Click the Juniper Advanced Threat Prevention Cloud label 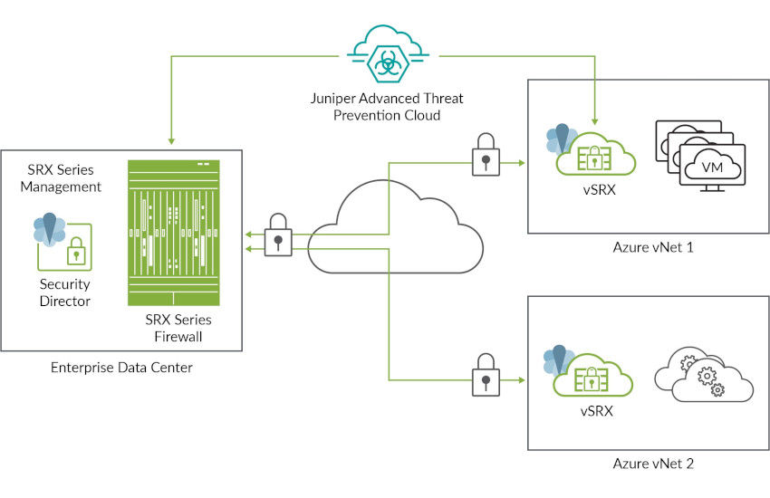pos(386,107)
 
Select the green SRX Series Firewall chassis pos(175,234)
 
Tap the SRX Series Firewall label pos(178,328)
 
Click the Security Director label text pos(64,292)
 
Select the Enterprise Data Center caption pos(121,367)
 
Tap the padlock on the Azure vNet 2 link pos(486,373)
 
